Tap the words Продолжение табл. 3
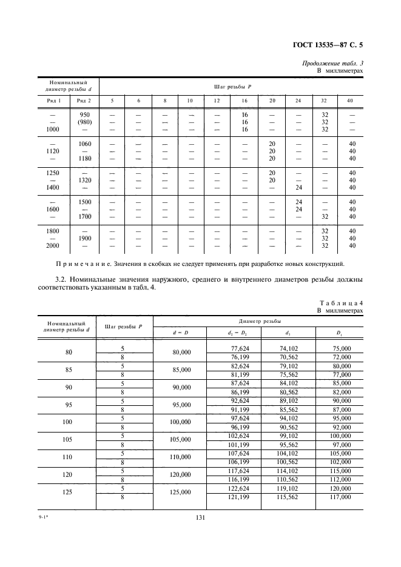coord(332,64)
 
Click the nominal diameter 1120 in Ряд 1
coord(52,150)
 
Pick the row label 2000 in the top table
coord(52,245)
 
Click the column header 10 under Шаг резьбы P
coord(189,100)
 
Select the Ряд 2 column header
coord(81,100)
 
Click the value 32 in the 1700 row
coord(325,216)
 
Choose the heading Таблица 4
coord(340,303)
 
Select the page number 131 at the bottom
coord(201,517)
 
